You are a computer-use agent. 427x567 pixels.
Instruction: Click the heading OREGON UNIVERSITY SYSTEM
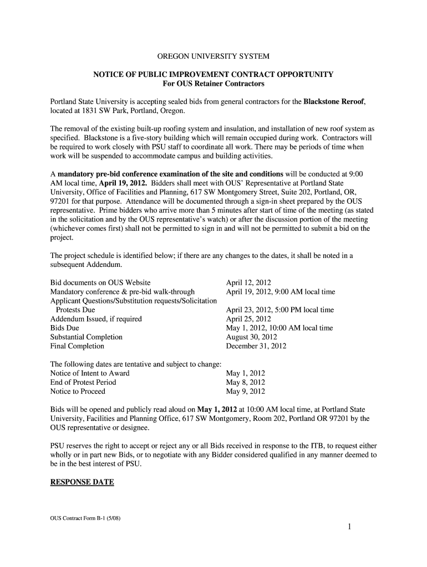click(213, 56)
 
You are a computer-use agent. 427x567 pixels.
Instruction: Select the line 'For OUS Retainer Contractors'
click(213, 84)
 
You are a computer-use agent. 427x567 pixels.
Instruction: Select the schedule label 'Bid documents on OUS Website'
click(100, 282)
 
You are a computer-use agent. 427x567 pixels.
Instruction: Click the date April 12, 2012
click(248, 282)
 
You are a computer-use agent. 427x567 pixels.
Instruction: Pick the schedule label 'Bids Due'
click(65, 328)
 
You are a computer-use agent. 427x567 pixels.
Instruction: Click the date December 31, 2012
click(256, 346)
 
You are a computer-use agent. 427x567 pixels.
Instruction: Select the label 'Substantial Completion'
click(87, 337)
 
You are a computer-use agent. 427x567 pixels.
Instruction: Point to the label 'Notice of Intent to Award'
click(90, 373)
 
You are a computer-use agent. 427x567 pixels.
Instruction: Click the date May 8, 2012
click(246, 382)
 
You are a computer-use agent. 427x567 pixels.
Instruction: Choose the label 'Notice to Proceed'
click(78, 391)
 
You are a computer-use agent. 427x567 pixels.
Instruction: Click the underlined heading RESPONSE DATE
click(82, 482)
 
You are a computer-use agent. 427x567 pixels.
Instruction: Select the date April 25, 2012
click(248, 319)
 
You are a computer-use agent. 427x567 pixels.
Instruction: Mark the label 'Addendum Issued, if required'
click(96, 319)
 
